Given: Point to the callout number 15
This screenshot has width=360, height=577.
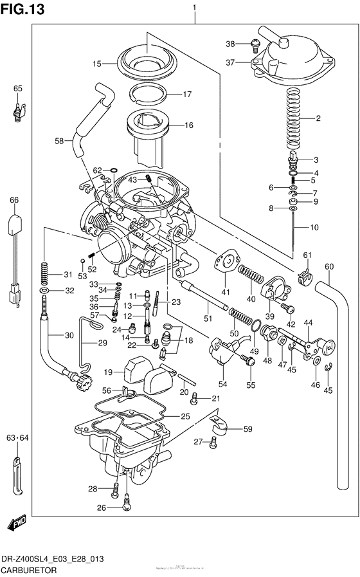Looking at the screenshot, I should pos(96,64).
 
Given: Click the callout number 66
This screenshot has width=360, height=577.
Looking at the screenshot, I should pos(14,200).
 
